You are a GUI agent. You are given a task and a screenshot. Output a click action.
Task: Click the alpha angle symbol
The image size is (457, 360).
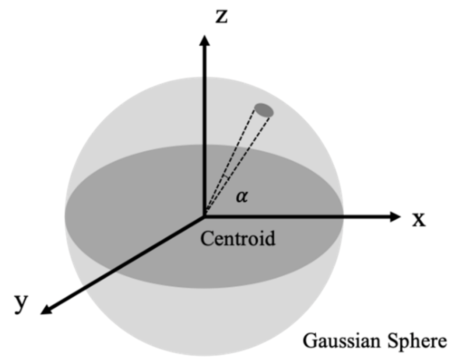(x=242, y=196)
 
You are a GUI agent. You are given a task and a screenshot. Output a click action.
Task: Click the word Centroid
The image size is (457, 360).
(x=238, y=238)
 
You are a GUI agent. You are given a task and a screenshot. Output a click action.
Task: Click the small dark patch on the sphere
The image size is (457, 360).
(x=264, y=110)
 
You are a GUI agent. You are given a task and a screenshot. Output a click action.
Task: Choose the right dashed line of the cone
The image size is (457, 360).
(x=243, y=158)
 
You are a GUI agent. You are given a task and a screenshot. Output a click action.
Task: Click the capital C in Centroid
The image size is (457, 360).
(x=207, y=238)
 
